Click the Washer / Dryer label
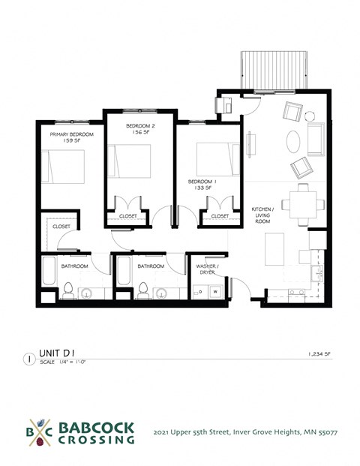coord(206,269)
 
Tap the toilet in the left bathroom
coord(67,289)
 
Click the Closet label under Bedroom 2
coord(128,216)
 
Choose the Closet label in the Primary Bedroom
coord(61,226)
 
